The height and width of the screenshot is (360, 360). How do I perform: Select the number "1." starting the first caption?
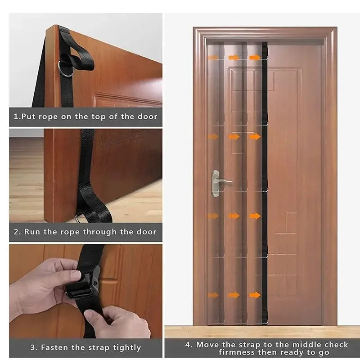click(x=17, y=117)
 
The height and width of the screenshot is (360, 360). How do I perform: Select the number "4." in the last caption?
click(x=189, y=345)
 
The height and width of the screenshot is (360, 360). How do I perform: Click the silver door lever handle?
click(x=220, y=180)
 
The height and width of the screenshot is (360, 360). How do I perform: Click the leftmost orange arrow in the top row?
click(x=213, y=58)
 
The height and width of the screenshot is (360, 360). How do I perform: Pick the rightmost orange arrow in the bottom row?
click(x=255, y=295)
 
